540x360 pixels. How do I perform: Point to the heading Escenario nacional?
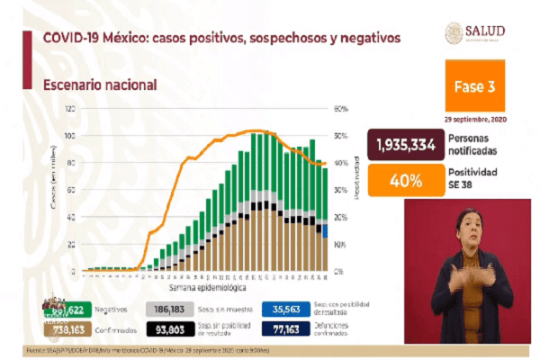click(x=101, y=84)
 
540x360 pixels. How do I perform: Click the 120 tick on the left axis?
click(x=68, y=109)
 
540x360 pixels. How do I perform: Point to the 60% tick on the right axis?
click(x=341, y=109)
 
